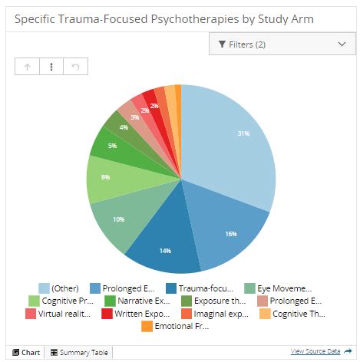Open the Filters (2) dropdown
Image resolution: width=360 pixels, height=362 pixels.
282,44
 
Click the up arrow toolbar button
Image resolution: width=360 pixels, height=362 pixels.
28,67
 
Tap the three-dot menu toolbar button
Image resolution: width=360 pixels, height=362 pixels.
51,67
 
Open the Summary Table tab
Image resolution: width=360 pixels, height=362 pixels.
79,353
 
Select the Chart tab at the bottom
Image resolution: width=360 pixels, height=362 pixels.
26,353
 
